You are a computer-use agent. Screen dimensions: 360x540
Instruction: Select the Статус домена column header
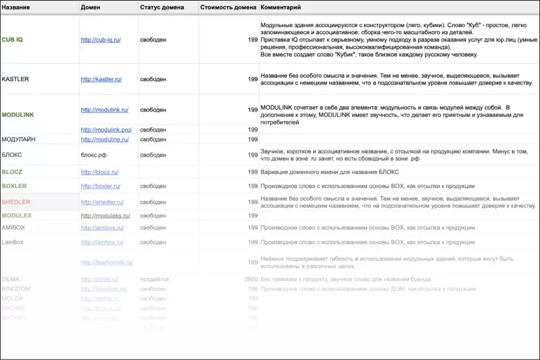tap(161, 8)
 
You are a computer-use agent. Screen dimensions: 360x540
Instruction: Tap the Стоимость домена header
tap(228, 8)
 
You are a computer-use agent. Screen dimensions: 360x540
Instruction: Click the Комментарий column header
tap(281, 8)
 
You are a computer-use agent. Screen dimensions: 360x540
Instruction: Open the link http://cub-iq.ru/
tap(101, 40)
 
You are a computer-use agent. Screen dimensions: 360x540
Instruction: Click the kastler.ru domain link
tap(101, 79)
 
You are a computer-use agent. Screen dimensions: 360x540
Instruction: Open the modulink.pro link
tap(106, 130)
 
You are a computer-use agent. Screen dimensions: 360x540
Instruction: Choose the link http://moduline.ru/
tap(105, 139)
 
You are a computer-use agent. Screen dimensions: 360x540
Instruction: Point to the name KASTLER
tap(15, 79)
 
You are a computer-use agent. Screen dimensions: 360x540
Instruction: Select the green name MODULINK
tap(18, 115)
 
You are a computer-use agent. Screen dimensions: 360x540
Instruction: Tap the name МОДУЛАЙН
tap(19, 139)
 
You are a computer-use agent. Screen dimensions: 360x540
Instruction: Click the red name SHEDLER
tap(16, 202)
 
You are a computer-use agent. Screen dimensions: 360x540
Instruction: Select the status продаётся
tap(154, 279)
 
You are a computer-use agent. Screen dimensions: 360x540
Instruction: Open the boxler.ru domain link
tap(100, 186)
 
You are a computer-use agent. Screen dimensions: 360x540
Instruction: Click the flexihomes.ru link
tap(107, 262)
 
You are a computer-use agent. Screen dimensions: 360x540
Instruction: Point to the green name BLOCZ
tap(12, 172)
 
